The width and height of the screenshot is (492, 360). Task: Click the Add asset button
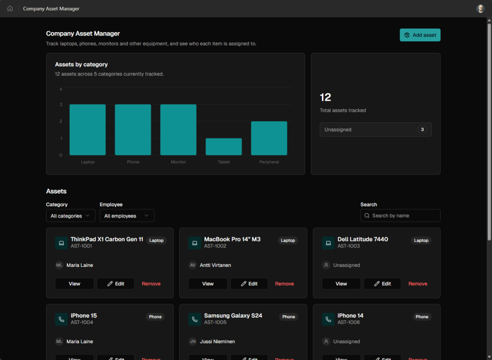420,35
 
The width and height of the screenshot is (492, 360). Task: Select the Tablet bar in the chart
224,147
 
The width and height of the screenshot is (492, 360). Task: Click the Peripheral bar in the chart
269,138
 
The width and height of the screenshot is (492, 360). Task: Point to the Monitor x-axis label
178,162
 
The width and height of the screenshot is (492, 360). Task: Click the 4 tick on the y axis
61,89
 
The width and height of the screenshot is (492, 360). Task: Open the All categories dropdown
71,216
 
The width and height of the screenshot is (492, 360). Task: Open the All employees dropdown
127,216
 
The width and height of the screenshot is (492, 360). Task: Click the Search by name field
400,216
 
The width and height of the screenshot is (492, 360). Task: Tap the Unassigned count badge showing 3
422,130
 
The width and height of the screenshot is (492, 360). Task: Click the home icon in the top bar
10,9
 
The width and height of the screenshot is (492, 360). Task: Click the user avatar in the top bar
480,9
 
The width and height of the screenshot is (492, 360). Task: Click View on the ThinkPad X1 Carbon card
74,284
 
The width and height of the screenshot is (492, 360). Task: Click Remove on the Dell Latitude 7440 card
418,284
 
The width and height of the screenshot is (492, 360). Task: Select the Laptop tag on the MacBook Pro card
288,240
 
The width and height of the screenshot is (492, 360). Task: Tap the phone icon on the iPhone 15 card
61,320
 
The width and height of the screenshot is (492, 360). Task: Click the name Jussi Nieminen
218,341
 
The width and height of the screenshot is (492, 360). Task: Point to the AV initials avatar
192,265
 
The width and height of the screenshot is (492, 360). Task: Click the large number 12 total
325,97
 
